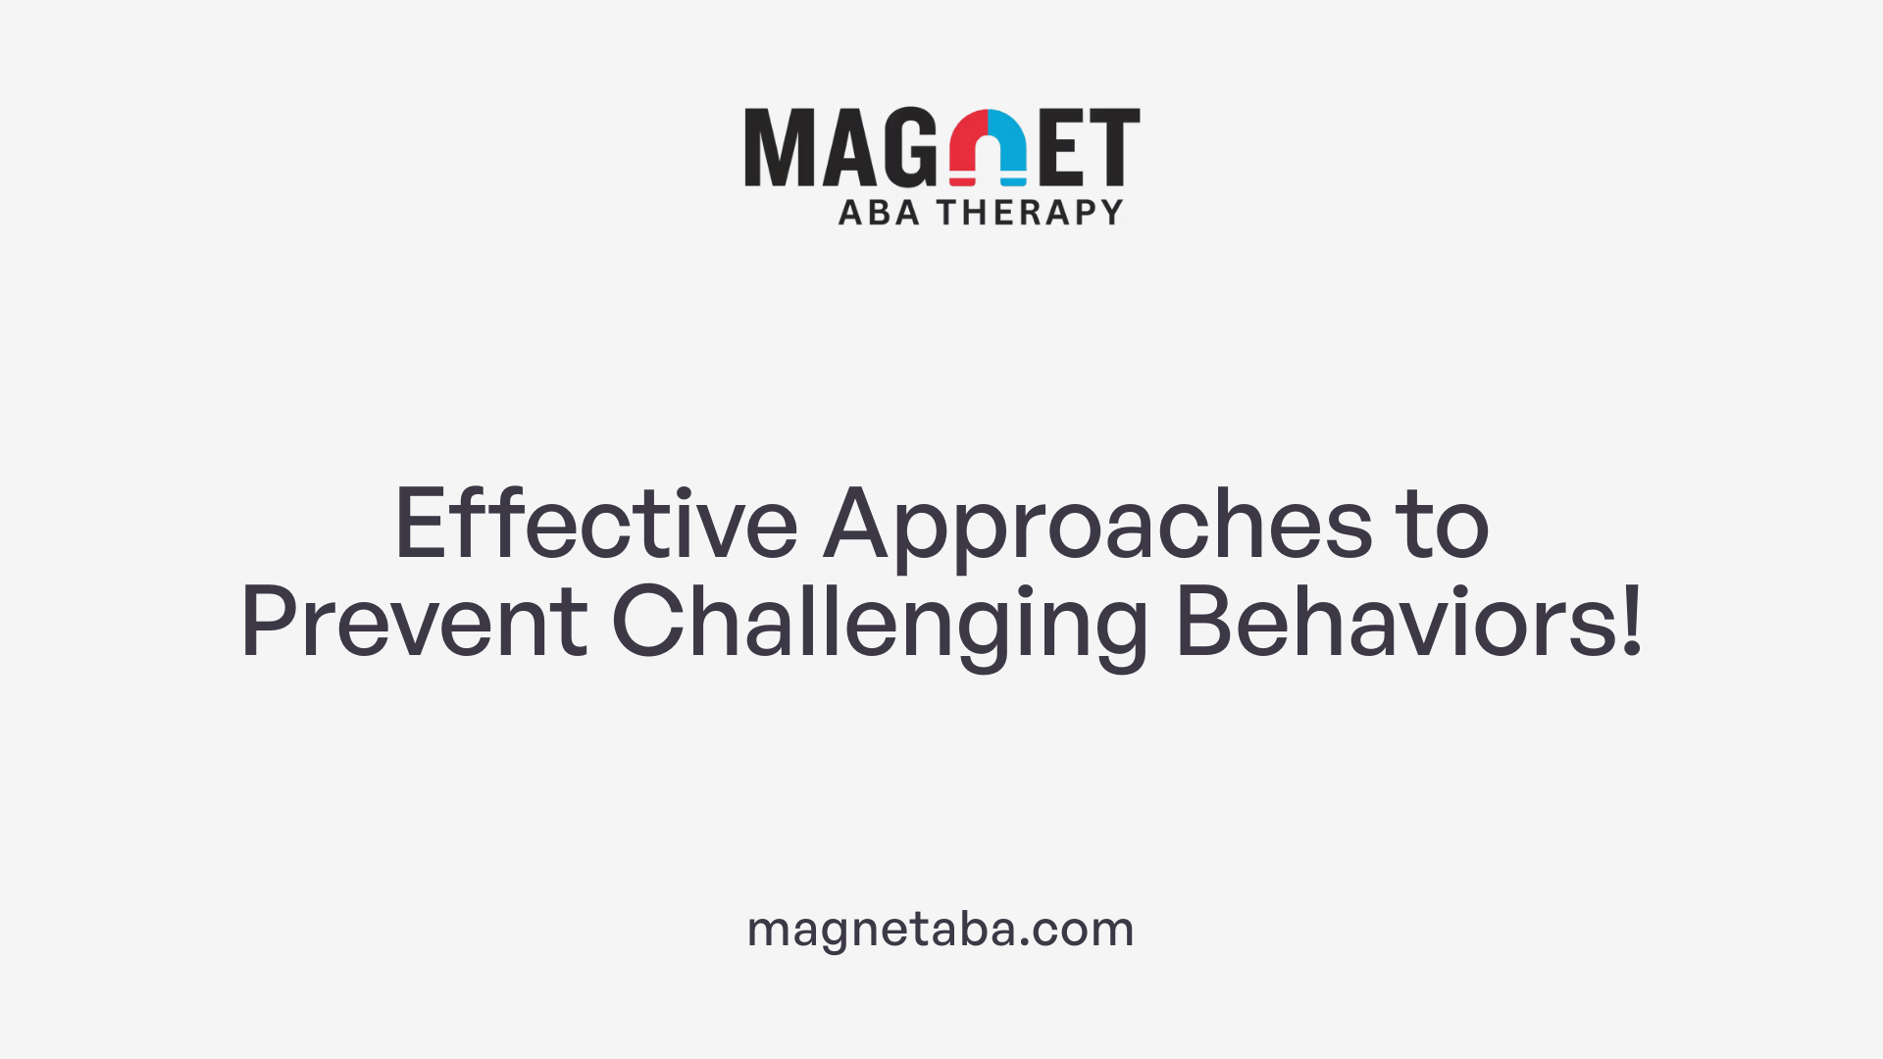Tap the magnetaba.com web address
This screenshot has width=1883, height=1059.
coord(941,930)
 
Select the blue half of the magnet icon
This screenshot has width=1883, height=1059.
coord(1008,147)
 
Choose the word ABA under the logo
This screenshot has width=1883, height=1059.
coord(879,213)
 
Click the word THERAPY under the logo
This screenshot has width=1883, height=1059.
coord(1030,213)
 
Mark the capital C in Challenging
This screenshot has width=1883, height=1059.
coord(647,622)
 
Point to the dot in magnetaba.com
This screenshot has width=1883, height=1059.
coord(1024,942)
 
